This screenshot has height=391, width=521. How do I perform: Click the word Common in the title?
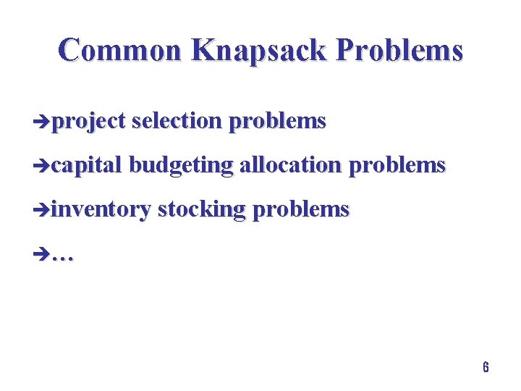coord(121,51)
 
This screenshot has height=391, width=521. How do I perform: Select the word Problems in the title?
coord(399,51)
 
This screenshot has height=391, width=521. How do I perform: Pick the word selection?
coord(177,121)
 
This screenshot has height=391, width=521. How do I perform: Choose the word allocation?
coord(291,165)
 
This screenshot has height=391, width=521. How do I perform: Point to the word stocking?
coord(202,211)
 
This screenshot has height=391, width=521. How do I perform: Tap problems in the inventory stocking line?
coord(301,211)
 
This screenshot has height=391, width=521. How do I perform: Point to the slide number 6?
coord(486,367)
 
